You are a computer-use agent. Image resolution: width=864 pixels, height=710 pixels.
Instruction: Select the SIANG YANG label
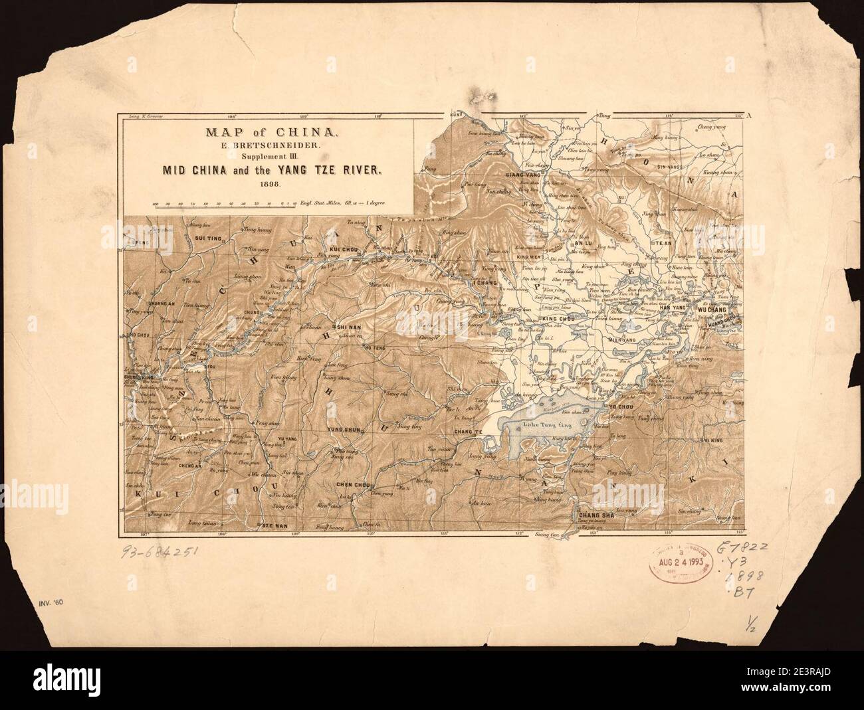pos(521,175)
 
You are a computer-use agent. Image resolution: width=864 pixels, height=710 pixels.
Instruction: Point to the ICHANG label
pos(482,282)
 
